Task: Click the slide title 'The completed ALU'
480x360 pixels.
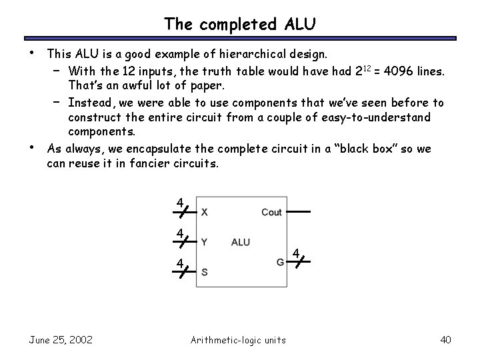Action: [240, 24]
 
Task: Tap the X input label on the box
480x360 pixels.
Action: [205, 212]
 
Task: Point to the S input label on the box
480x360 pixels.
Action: [204, 273]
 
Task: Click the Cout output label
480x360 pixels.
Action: [271, 212]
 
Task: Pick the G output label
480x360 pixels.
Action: [281, 262]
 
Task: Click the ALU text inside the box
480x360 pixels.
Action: [241, 242]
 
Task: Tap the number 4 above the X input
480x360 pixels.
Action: [179, 203]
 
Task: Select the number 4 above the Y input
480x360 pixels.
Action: [179, 233]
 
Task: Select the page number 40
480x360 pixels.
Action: [445, 340]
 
